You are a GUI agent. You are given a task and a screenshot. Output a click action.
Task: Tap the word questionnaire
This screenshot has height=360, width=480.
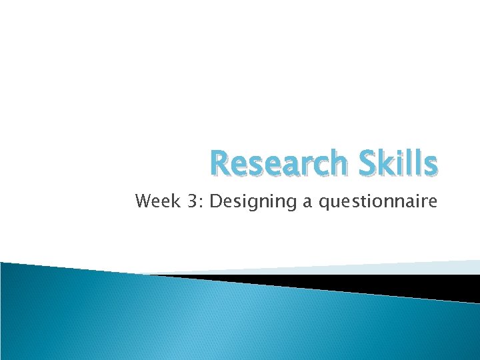378,201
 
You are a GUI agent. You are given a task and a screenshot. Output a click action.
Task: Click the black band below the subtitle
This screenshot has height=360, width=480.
373,283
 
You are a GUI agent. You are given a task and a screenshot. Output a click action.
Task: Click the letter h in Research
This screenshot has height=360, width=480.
333,164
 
